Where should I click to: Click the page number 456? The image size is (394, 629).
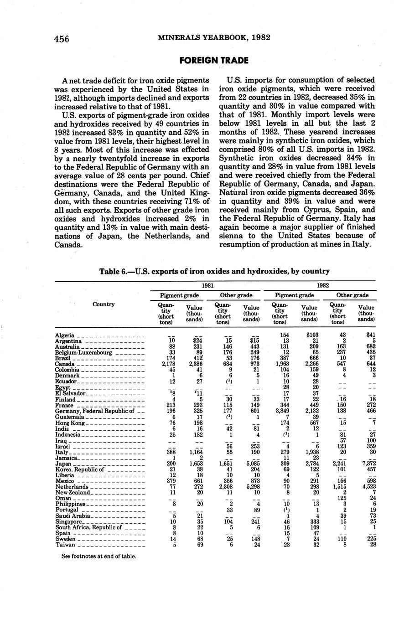62,39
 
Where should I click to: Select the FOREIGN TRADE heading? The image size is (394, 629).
214,60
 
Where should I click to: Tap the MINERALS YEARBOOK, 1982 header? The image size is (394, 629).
214,37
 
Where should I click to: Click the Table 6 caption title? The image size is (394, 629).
214,271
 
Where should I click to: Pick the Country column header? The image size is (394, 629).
104,304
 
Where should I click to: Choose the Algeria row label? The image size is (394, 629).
65,335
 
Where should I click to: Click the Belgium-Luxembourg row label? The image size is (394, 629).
83,352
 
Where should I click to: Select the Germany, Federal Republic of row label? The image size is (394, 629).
94,411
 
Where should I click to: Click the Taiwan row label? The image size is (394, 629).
65,545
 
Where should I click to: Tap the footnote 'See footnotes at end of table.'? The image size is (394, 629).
99,556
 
